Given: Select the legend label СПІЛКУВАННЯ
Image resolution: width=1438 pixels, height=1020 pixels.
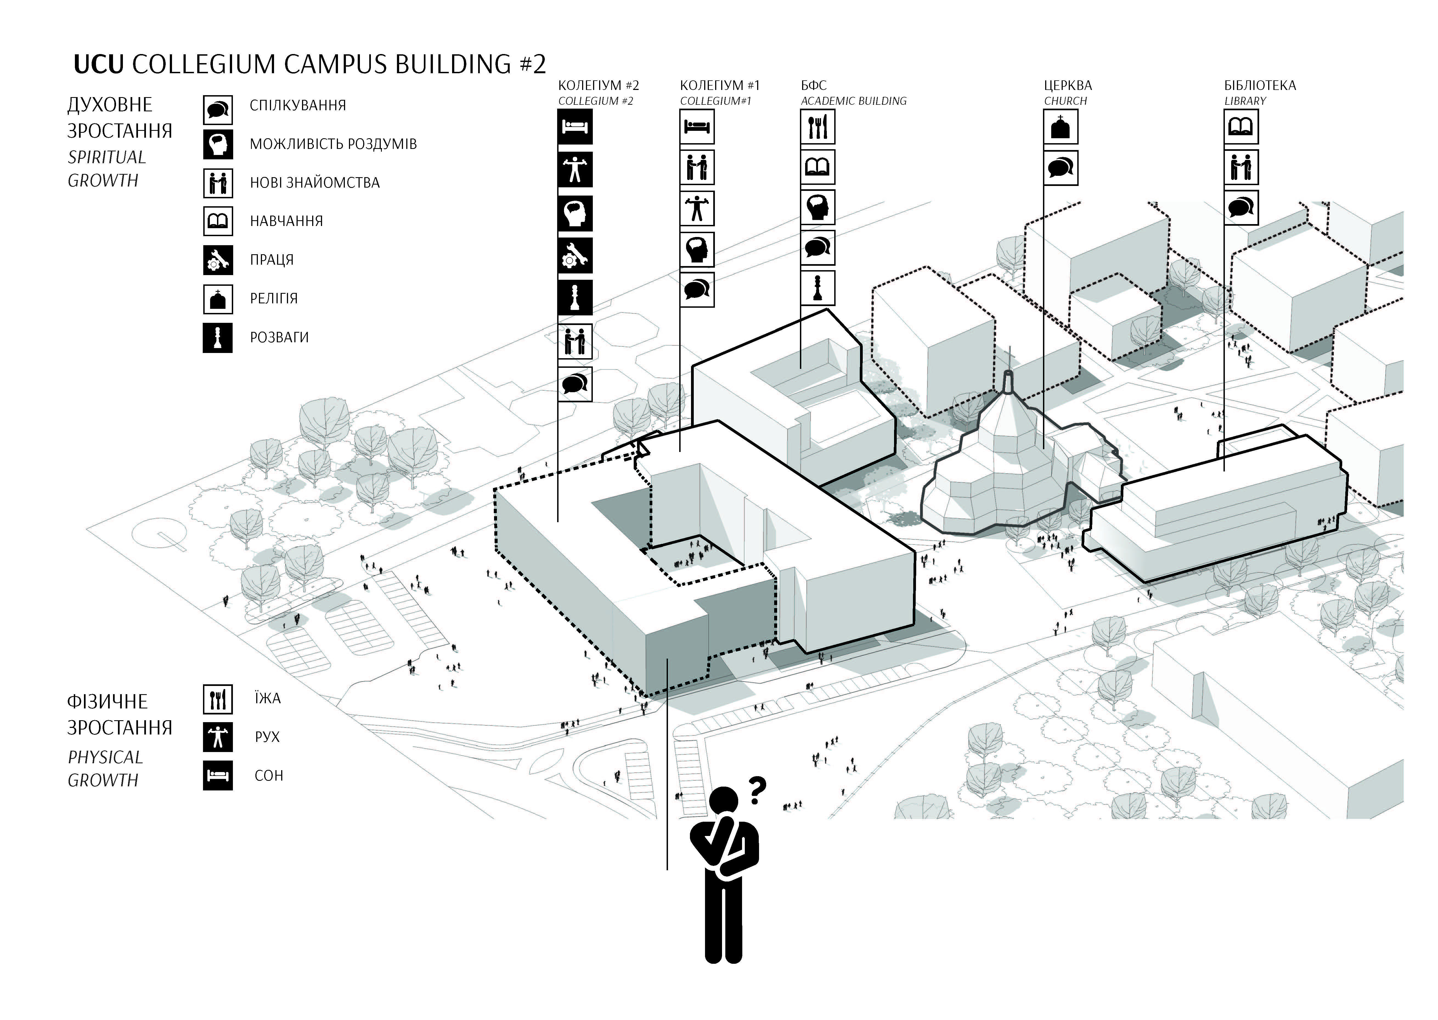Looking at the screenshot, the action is coord(298,106).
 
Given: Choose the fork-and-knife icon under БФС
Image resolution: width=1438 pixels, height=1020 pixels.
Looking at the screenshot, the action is coord(817,127).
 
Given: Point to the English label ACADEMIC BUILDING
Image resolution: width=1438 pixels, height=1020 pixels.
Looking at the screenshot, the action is coord(854,101).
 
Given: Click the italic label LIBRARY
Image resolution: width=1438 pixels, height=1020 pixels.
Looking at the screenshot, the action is coord(1245,101).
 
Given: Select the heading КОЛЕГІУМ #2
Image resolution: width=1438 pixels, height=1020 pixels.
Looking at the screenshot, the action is coord(599,85).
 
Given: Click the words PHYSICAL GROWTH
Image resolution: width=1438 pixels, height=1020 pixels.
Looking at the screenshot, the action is coord(106,769).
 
